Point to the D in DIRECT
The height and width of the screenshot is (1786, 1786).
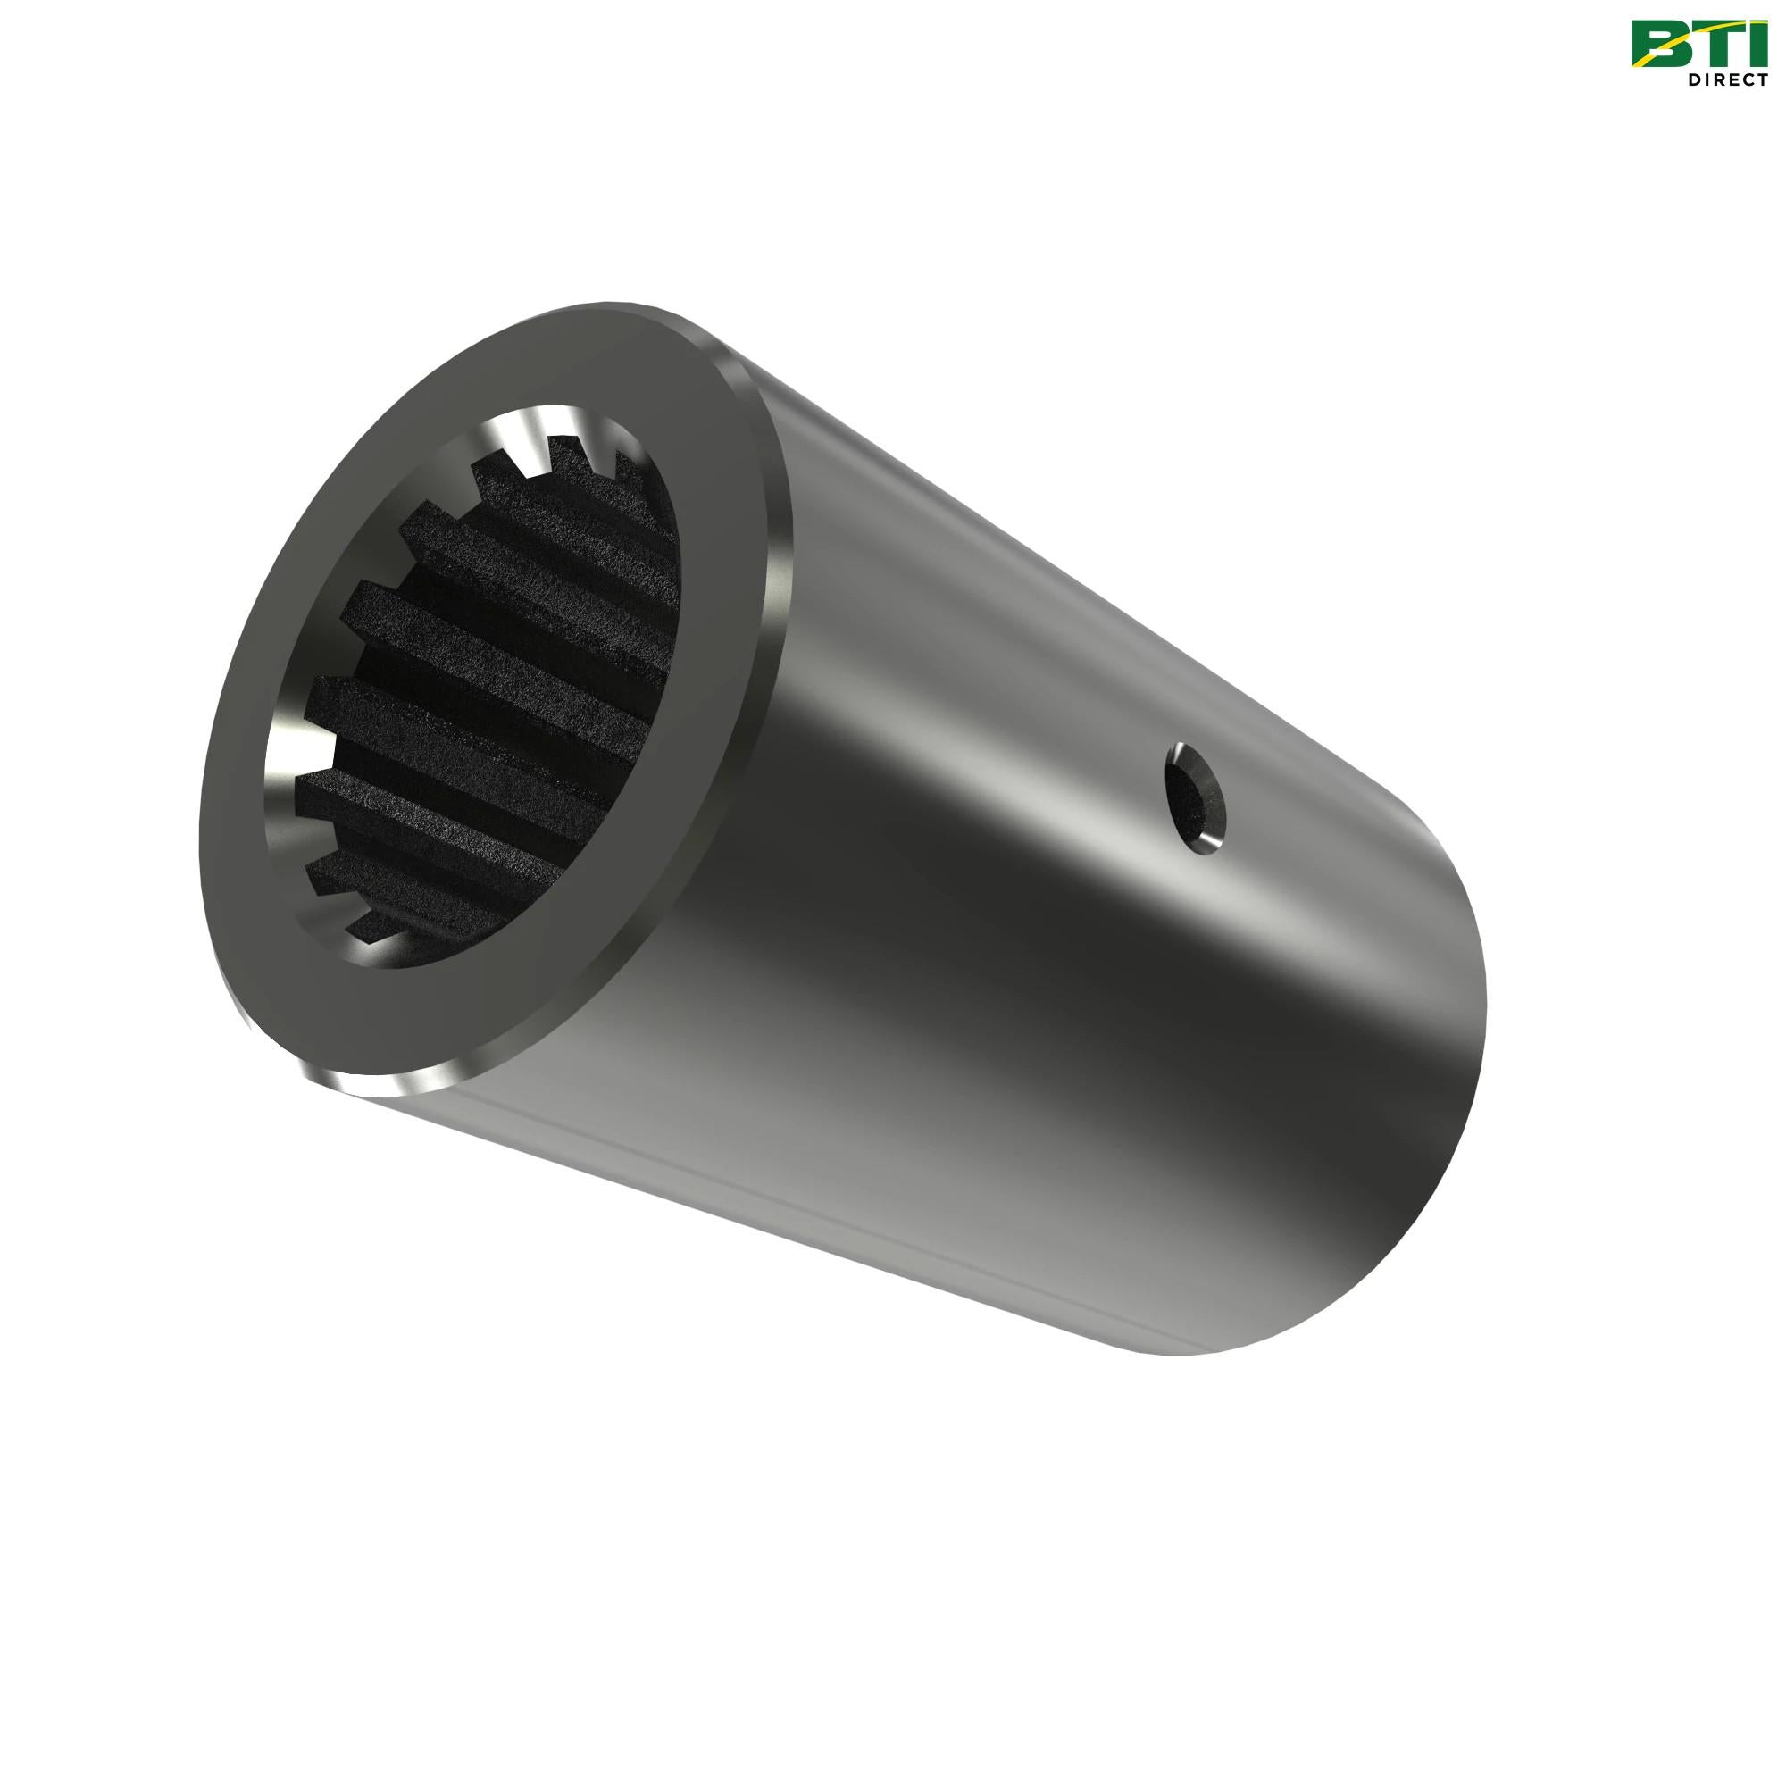(x=1693, y=79)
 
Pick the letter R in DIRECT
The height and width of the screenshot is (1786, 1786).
(x=1719, y=79)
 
